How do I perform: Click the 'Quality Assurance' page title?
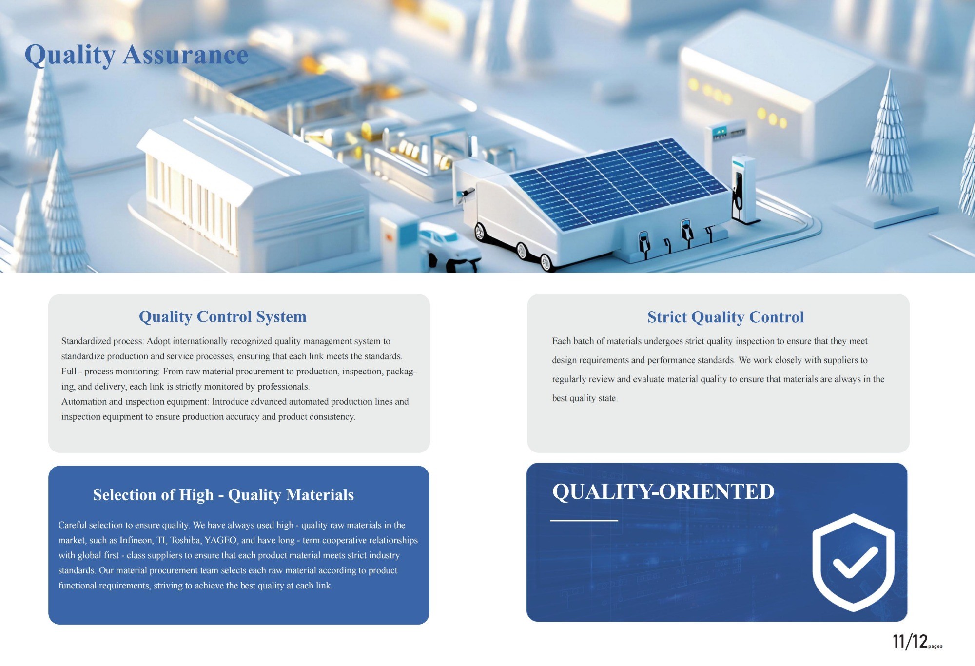(x=136, y=55)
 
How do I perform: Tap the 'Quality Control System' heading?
(x=223, y=317)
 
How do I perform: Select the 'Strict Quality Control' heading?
(x=725, y=317)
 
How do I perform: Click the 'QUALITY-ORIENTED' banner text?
(x=663, y=491)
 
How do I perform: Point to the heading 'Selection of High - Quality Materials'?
(x=223, y=495)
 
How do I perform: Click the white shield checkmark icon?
(x=853, y=562)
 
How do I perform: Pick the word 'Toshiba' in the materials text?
(x=185, y=540)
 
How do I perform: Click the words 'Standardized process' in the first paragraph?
(x=102, y=341)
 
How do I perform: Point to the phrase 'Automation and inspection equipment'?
(x=135, y=402)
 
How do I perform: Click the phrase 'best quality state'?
(x=585, y=398)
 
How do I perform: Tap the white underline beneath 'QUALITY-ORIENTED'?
(x=584, y=520)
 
